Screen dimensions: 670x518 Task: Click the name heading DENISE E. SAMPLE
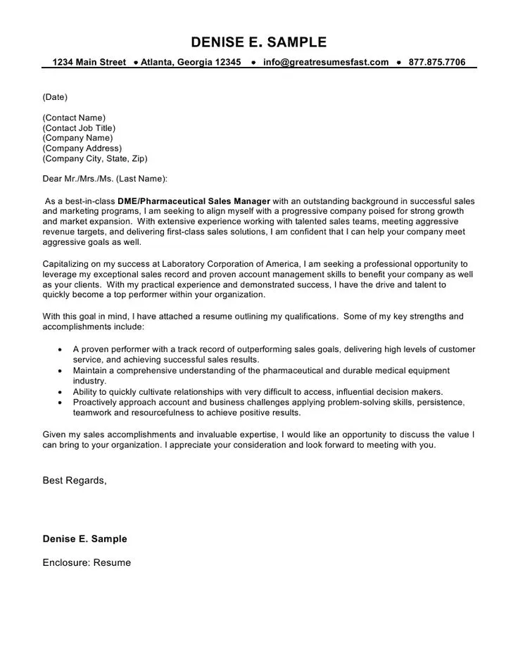259,42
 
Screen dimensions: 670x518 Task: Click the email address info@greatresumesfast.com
326,62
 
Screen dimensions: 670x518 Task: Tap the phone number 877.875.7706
436,62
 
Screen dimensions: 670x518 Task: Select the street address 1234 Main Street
89,62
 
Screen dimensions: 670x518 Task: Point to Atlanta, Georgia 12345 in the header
191,62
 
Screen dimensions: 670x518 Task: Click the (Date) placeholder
55,96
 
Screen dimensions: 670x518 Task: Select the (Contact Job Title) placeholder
79,128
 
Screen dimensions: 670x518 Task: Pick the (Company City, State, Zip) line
95,159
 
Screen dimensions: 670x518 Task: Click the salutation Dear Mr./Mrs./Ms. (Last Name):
106,179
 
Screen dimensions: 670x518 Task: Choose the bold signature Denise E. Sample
85,539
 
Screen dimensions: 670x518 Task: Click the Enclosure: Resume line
87,563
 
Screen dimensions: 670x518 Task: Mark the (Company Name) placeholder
77,138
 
